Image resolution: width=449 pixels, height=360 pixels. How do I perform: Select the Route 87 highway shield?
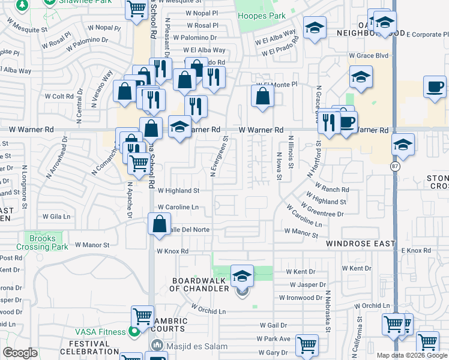point(396,166)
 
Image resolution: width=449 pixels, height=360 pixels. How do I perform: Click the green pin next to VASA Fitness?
point(134,331)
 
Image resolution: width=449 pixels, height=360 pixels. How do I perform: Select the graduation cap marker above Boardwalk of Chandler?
point(242,275)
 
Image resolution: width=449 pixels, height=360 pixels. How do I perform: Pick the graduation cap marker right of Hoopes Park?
point(314,28)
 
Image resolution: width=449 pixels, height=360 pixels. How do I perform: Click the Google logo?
point(20,353)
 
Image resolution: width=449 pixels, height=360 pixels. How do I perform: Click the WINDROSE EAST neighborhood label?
point(361,244)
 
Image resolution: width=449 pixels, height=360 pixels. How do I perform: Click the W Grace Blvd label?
point(370,56)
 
